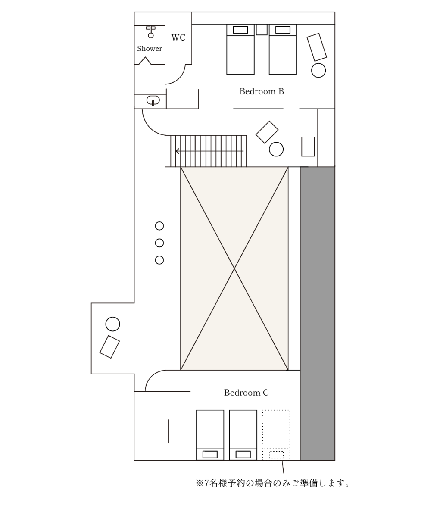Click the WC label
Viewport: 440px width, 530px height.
(178, 37)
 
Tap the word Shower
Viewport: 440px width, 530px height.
(149, 49)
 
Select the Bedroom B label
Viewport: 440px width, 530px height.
(262, 91)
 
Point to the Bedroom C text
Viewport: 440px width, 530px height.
(246, 393)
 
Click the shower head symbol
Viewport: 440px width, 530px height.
(151, 32)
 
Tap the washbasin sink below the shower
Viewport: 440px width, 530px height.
(153, 101)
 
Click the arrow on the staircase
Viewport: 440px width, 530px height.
(209, 151)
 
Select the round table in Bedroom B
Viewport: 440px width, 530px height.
(318, 70)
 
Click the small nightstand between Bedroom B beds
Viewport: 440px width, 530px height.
(262, 30)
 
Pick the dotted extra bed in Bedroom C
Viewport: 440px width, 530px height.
(276, 435)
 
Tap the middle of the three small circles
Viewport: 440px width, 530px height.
(159, 243)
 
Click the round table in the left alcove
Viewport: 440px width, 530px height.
(113, 324)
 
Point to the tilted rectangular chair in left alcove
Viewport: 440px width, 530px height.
(109, 347)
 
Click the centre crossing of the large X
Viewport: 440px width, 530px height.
(234, 268)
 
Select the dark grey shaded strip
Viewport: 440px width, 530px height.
(317, 314)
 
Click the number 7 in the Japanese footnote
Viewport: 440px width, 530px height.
(206, 483)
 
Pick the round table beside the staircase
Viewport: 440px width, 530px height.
(276, 149)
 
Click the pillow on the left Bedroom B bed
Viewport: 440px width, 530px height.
(240, 30)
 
